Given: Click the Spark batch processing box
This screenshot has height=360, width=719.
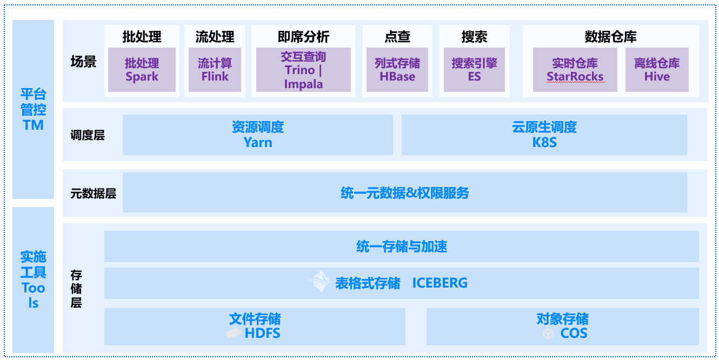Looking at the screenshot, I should [x=142, y=70].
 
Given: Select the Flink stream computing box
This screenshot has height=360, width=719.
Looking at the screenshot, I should [x=215, y=70].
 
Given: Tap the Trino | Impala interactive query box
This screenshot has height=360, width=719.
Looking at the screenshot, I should [x=303, y=70].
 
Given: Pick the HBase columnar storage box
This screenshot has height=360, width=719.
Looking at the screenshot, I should [x=397, y=70].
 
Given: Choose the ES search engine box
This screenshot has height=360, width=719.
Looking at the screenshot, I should [x=474, y=70].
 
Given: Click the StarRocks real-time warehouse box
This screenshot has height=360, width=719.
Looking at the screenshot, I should [x=575, y=70].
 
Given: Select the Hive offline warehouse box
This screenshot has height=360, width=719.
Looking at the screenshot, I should [x=657, y=70].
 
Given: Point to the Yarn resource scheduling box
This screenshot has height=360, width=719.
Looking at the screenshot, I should [x=258, y=135].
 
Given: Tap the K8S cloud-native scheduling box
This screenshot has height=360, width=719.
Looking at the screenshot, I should [x=544, y=135].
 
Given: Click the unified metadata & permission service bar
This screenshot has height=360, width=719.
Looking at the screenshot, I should [x=404, y=192].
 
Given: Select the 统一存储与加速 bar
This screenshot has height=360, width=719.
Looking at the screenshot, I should [x=401, y=246].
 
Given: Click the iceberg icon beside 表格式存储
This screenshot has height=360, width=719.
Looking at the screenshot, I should [x=321, y=282].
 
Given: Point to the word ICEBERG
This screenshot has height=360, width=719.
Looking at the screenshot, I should [x=440, y=283].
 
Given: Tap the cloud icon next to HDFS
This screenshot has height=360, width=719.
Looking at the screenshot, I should [x=234, y=334].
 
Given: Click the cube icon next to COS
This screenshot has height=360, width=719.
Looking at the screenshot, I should [x=548, y=334].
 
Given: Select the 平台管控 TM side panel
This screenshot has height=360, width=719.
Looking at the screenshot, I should [x=33, y=110].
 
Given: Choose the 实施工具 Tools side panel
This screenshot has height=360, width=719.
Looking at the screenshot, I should [x=33, y=279].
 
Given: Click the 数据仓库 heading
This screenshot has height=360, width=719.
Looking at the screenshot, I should [x=610, y=37].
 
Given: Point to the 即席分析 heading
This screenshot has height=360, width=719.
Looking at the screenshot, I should [x=303, y=37].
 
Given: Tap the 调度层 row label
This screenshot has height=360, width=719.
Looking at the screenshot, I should [x=88, y=135].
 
